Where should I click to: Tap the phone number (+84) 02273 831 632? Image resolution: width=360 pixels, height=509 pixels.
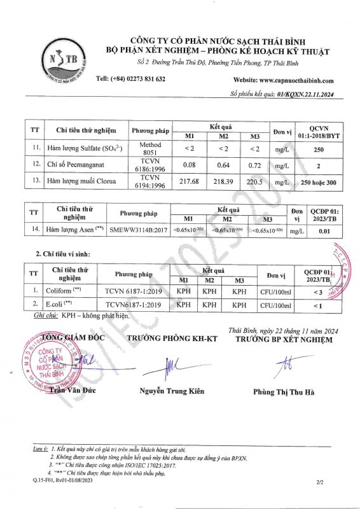(x=130, y=79)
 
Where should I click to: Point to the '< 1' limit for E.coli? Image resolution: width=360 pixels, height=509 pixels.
(x=318, y=305)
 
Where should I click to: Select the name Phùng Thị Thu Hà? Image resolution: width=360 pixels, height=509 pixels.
(x=284, y=391)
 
